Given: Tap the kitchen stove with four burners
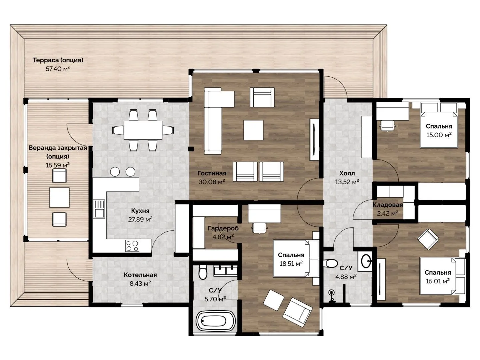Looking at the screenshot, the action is point(132,246).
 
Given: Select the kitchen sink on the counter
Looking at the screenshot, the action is point(99,209).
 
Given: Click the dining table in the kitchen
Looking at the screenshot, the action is point(143,130).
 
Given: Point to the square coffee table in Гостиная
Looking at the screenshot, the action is point(253,130).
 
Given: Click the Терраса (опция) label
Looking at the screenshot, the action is point(58,60).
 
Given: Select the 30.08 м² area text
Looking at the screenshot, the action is point(212,182).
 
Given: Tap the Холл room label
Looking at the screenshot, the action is point(347,173).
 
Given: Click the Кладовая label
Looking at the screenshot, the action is point(387,205).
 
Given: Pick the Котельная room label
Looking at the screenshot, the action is point(140,275).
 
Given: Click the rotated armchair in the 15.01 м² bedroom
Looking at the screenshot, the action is point(428,239).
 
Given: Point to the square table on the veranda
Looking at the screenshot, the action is point(59,197).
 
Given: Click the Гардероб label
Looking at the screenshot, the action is point(223,228).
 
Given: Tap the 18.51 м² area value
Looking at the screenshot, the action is point(291,264).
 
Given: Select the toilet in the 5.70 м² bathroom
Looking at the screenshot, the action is point(203,272).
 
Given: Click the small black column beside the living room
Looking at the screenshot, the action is point(191,149).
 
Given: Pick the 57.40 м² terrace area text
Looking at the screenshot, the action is point(58,69).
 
